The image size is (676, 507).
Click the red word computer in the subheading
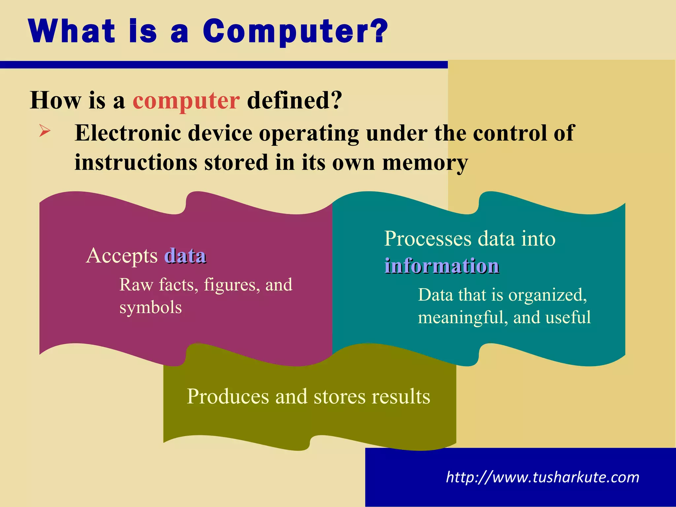(186, 101)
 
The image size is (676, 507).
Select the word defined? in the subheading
(294, 100)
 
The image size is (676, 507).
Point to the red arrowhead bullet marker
(45, 131)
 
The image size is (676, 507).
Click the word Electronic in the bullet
(128, 133)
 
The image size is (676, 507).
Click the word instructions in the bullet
(135, 163)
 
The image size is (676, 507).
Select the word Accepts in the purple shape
(122, 256)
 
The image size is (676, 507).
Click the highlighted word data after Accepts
(186, 256)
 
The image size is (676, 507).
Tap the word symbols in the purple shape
(151, 307)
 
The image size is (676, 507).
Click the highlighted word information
(442, 266)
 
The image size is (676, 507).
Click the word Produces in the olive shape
(228, 396)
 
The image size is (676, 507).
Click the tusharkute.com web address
(542, 477)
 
